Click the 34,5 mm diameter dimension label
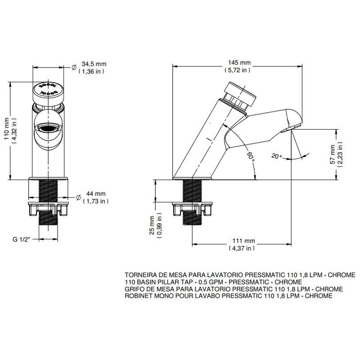(x=94, y=64)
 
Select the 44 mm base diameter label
(x=96, y=194)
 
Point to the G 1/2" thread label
(x=21, y=239)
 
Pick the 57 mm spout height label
(x=333, y=154)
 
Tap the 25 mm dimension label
(x=152, y=225)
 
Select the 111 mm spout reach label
(x=243, y=241)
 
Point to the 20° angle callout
(x=276, y=156)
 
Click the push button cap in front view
(x=48, y=93)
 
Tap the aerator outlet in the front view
(x=48, y=127)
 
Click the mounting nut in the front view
(x=48, y=209)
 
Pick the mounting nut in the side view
(x=193, y=209)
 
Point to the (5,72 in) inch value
(x=238, y=70)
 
